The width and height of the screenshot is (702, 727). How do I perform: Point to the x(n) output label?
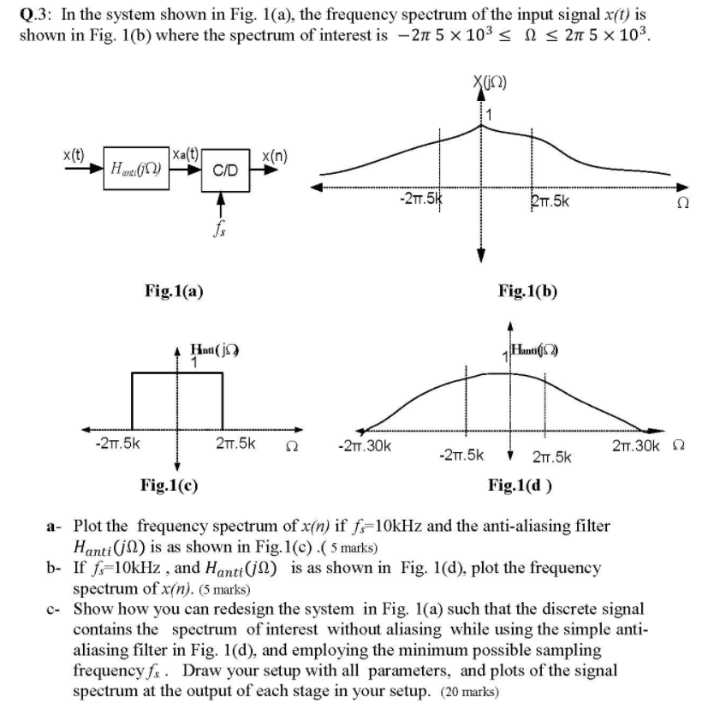pos(274,157)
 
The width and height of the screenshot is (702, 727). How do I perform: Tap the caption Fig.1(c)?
pos(169,486)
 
